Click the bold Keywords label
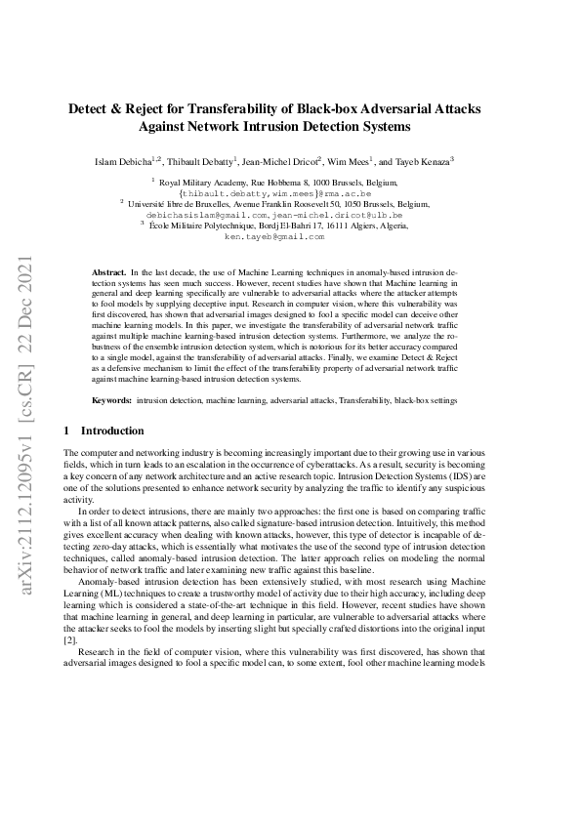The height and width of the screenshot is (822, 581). click(x=112, y=400)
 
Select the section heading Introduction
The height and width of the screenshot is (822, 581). click(x=111, y=431)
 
